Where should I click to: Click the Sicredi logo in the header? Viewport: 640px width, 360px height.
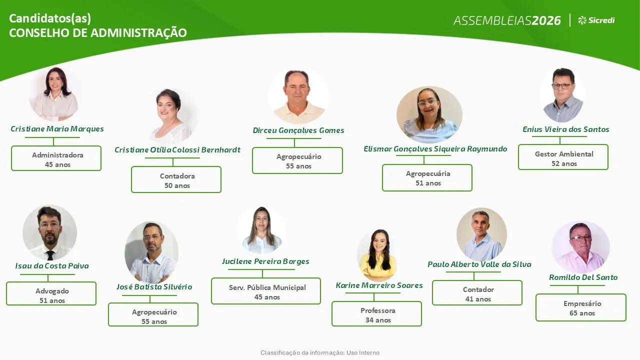[596, 20]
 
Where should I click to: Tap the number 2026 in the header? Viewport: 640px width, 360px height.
[546, 20]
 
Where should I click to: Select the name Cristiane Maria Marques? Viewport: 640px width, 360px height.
[57, 129]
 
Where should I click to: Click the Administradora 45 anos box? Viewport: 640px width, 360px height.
[56, 158]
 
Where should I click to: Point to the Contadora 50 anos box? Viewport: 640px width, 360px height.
[176, 179]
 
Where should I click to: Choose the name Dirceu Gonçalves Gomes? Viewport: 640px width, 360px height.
[298, 130]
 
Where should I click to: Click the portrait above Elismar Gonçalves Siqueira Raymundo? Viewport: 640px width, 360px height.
[429, 114]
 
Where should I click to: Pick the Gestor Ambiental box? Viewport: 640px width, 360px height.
[563, 157]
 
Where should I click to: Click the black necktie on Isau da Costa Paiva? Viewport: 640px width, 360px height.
[50, 255]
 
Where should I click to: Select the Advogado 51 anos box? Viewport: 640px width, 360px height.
[51, 293]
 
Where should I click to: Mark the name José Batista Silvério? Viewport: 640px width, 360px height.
[154, 287]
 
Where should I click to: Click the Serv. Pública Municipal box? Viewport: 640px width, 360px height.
[266, 291]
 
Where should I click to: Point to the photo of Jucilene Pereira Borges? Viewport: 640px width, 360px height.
[261, 230]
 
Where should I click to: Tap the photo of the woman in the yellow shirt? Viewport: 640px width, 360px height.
[378, 255]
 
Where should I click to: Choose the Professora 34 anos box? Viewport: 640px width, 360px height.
[376, 313]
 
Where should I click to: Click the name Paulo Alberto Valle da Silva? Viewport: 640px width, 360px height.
[479, 264]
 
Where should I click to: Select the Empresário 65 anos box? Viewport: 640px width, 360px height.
[581, 307]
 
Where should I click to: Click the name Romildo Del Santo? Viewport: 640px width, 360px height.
[583, 277]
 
